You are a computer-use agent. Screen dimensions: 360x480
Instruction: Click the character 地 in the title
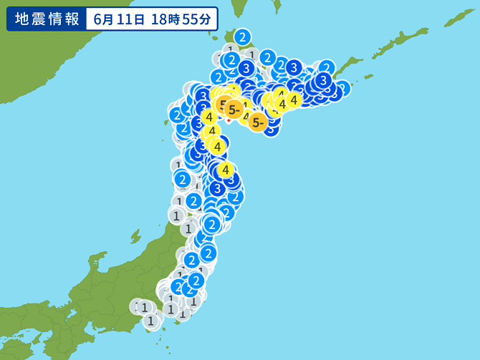(21, 19)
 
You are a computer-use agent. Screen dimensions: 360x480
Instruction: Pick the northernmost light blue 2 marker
(242, 37)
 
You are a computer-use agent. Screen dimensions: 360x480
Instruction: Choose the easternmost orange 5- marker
(258, 123)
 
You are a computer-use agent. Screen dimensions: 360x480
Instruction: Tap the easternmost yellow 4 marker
(293, 99)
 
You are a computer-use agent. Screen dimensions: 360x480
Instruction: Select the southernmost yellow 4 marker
(226, 170)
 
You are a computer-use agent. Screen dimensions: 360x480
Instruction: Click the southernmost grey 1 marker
(150, 321)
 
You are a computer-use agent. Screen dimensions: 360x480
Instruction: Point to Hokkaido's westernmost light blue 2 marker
(176, 115)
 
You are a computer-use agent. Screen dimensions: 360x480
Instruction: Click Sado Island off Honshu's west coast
(134, 235)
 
